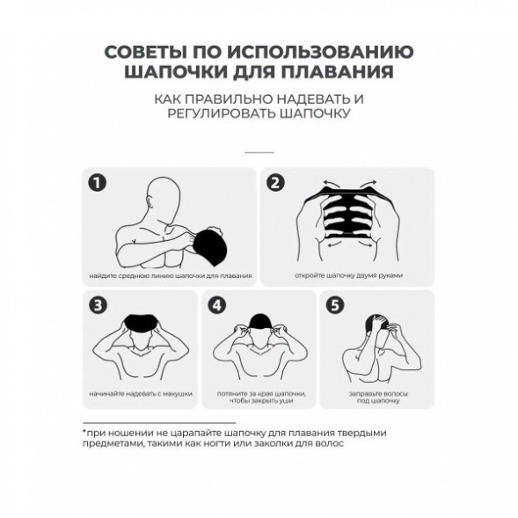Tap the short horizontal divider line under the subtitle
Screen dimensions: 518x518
tap(259, 151)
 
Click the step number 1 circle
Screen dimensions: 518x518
tap(100, 184)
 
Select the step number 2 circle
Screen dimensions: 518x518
tap(276, 184)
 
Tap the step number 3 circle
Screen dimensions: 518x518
tap(99, 305)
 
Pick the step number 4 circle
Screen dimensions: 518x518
tap(216, 305)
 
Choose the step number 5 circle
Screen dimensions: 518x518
tap(333, 305)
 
